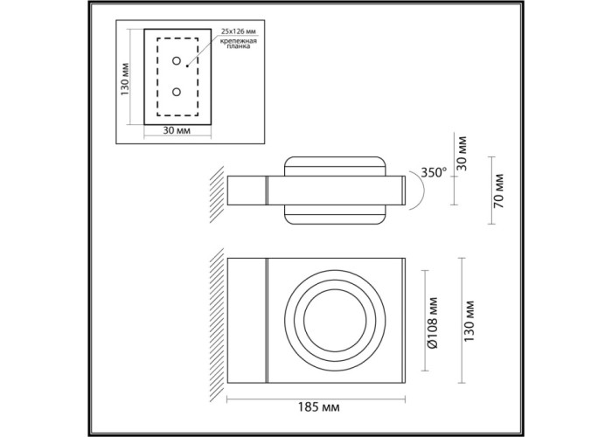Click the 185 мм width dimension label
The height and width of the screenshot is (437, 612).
point(318,407)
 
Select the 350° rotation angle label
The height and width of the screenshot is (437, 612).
point(434,172)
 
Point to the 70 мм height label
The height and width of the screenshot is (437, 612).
point(499,191)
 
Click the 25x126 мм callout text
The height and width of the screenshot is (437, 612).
point(239,31)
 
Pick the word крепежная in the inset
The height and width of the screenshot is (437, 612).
point(238,41)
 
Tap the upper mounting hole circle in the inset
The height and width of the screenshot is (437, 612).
point(177,60)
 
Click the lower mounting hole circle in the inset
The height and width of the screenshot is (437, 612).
point(177,92)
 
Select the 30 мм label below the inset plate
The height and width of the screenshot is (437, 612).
point(177,130)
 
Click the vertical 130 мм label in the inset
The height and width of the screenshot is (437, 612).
point(124,80)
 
